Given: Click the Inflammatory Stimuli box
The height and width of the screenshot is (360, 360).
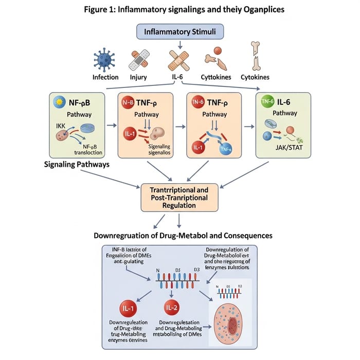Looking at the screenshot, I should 179,31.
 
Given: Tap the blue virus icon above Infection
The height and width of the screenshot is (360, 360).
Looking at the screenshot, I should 105,59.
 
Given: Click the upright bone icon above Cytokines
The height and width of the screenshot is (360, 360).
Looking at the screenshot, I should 255,55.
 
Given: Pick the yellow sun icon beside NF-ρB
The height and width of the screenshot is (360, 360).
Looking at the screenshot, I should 61,102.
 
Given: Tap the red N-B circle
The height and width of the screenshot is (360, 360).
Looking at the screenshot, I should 128,101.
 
